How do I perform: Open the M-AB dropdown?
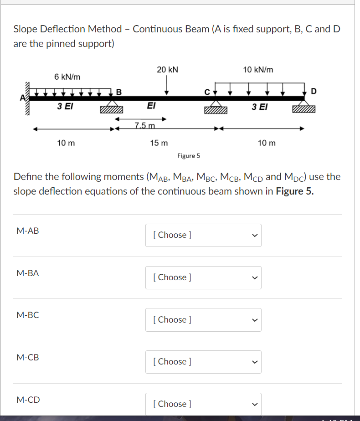203,235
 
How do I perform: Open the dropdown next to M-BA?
203,277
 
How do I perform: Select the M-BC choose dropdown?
203,319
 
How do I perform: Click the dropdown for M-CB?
203,361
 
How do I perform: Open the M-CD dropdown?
203,404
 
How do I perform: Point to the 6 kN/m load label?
67,77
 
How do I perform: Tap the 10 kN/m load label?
258,70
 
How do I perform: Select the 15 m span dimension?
159,143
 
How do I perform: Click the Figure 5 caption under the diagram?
189,156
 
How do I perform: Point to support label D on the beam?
313,91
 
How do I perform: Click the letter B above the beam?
119,92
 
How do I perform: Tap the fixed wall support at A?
28,98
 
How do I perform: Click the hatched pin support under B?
112,110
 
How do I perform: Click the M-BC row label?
28,315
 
